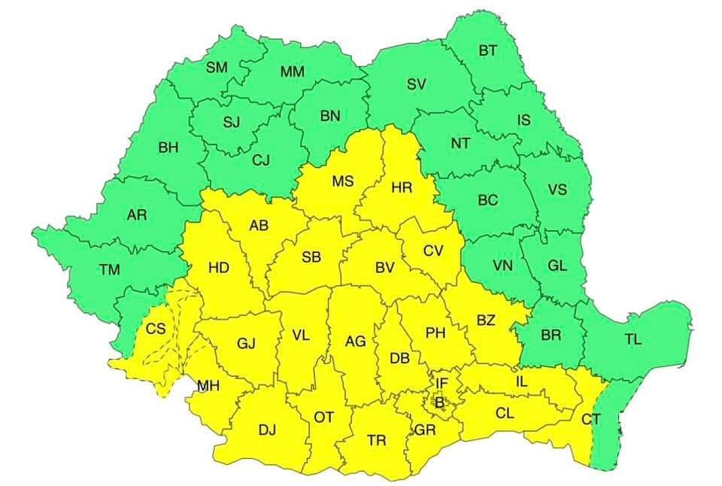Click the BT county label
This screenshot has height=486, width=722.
tap(488, 50)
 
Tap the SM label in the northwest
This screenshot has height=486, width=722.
tap(217, 68)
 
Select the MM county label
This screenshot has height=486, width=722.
tap(292, 72)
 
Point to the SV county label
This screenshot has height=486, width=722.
tap(416, 84)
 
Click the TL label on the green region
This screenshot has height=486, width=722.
tap(633, 339)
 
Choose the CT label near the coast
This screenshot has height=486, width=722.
tap(591, 419)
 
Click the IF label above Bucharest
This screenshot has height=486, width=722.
tap(442, 384)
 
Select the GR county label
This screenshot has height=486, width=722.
tap(426, 430)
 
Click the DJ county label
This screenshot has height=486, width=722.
tap(268, 430)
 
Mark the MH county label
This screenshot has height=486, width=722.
tap(208, 386)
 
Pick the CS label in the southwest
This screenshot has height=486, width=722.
tap(156, 328)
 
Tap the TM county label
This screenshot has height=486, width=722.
tap(110, 269)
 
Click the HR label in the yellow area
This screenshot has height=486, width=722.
tap(402, 187)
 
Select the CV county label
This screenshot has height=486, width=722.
tap(433, 251)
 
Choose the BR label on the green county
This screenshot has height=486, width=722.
tap(551, 335)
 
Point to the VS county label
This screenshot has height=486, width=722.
tap(557, 189)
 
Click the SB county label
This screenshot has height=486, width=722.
tap(311, 257)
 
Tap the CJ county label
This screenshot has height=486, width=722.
tap(260, 159)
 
